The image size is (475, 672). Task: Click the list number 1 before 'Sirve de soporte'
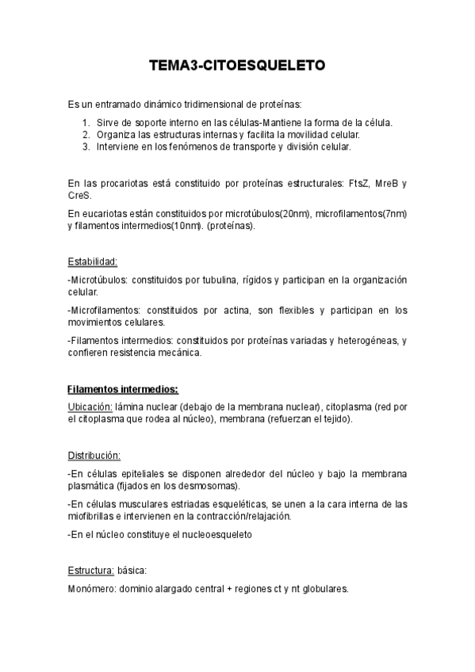[86, 123]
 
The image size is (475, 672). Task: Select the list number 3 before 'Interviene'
[86, 147]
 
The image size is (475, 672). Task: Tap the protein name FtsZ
[358, 183]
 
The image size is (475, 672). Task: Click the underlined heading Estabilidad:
[93, 261]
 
